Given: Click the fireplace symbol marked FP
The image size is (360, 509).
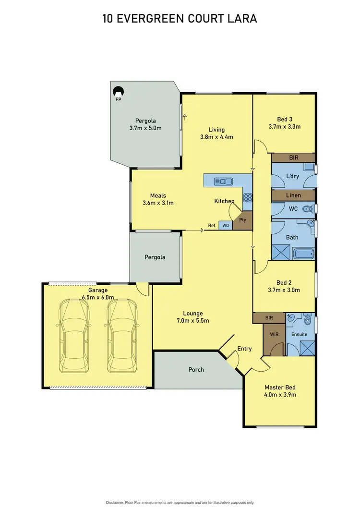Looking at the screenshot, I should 118,90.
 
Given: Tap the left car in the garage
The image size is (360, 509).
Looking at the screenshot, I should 73,337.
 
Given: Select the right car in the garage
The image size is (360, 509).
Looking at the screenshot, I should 120,337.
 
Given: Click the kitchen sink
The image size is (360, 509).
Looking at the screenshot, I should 224,181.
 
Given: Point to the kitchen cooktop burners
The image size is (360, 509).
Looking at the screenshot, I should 248,197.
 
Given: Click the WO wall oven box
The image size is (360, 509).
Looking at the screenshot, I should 225,225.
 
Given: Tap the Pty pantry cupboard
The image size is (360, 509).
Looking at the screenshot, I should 243,220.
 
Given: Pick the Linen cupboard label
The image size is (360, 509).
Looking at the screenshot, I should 293,195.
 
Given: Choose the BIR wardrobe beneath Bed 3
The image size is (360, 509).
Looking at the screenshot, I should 293,157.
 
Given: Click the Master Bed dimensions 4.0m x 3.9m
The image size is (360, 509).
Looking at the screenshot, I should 280,395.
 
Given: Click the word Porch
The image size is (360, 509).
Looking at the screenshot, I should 196,369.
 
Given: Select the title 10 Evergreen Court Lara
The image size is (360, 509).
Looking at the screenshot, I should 180,19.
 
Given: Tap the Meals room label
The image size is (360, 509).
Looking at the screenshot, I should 158,195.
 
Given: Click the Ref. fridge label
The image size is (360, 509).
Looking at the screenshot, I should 211,225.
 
